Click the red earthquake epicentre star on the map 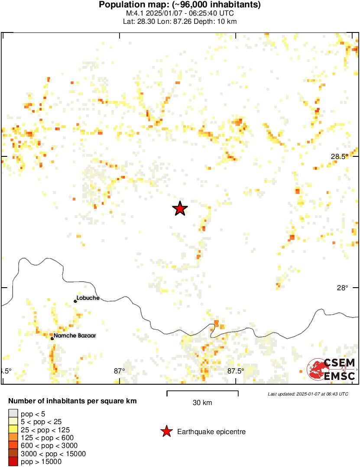[x=180, y=209]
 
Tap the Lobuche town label [x=88, y=298]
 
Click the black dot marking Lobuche [x=75, y=301]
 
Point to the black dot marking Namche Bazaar [x=52, y=338]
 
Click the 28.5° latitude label [x=340, y=156]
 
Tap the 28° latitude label [x=342, y=288]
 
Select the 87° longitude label [x=119, y=371]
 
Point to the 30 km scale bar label [x=202, y=403]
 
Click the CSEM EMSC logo [x=331, y=370]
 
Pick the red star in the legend [x=166, y=431]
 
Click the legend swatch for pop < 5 [x=13, y=414]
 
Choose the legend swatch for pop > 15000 [x=13, y=462]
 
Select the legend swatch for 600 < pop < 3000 [x=13, y=446]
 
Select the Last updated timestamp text [x=308, y=394]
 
